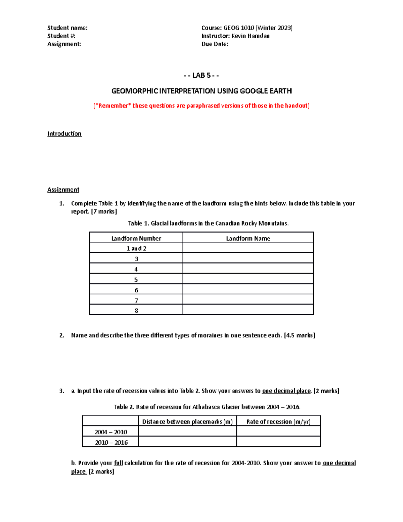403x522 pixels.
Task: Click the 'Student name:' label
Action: coord(67,28)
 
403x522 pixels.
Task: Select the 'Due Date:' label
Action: coord(215,44)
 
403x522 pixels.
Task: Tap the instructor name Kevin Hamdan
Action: coord(250,36)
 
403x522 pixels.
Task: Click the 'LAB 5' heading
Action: coord(201,75)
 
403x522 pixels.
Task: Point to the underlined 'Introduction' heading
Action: coord(64,134)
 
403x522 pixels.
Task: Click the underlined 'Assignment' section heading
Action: coord(63,190)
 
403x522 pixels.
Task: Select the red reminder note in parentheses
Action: coord(201,106)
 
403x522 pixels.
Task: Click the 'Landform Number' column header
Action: coord(136,238)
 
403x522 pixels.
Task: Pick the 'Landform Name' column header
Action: coord(248,238)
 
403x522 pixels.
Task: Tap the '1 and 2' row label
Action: coord(136,248)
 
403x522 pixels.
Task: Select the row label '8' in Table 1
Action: coord(136,311)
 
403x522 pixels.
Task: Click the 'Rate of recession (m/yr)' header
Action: coord(278,421)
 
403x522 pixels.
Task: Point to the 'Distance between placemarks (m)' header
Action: coord(187,421)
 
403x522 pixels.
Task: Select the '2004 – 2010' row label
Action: coord(110,432)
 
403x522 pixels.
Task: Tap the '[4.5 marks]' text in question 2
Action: coord(299,335)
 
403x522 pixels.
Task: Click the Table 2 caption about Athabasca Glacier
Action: coord(207,407)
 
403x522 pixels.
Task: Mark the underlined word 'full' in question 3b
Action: coord(118,463)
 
